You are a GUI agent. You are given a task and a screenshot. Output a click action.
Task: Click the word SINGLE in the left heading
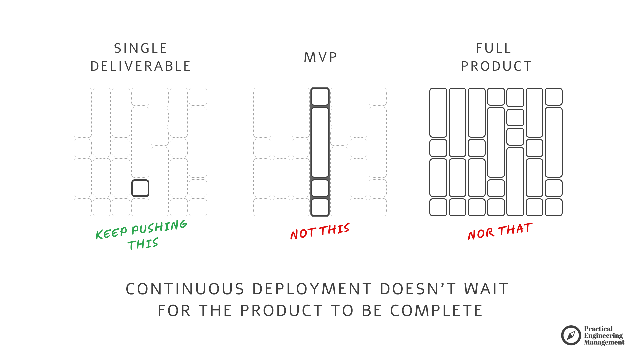coord(140,48)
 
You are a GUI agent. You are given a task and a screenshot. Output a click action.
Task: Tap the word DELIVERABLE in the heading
coord(140,66)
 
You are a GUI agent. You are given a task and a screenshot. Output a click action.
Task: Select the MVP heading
coord(321,57)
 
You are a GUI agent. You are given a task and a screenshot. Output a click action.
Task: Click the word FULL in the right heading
coord(494,48)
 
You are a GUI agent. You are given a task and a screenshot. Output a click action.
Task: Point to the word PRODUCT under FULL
coord(496,66)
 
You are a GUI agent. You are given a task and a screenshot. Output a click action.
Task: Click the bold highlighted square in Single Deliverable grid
coord(140,188)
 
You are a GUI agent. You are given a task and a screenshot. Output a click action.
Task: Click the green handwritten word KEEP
coord(111,233)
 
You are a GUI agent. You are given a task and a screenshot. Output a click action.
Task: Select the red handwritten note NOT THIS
coord(320,231)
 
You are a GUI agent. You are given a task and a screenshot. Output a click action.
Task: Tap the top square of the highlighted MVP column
coord(320,97)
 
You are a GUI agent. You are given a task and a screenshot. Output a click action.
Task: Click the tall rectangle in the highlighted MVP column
coord(320,142)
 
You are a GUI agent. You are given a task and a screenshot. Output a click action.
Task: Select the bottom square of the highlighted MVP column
coord(320,207)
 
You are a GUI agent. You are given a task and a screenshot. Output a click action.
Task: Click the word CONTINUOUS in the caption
coord(185,289)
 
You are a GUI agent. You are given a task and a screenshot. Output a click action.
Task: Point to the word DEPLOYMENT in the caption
coord(312,289)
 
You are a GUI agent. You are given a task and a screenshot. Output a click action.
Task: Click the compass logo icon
coord(571,335)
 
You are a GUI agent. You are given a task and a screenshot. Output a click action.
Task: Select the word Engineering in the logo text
coord(603,336)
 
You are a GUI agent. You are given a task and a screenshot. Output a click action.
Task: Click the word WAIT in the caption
coord(486,289)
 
